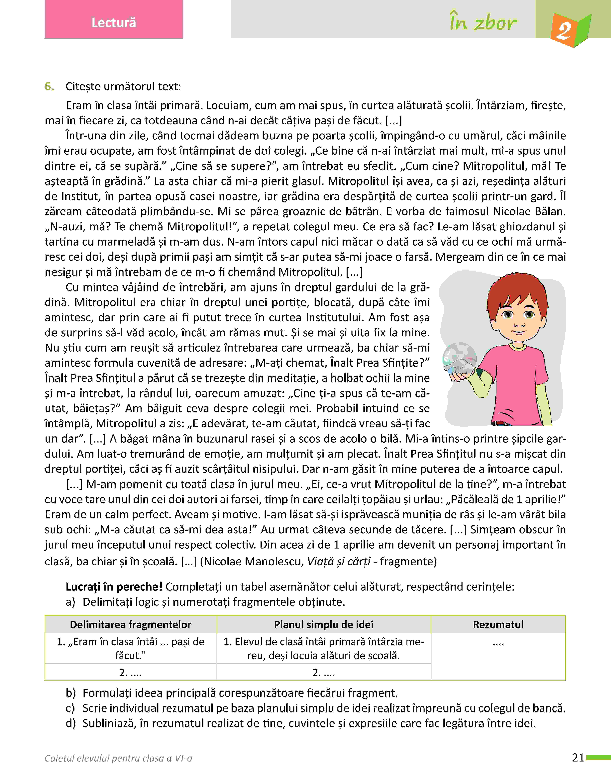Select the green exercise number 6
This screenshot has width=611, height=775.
49,87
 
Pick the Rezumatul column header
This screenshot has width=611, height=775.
498,624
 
